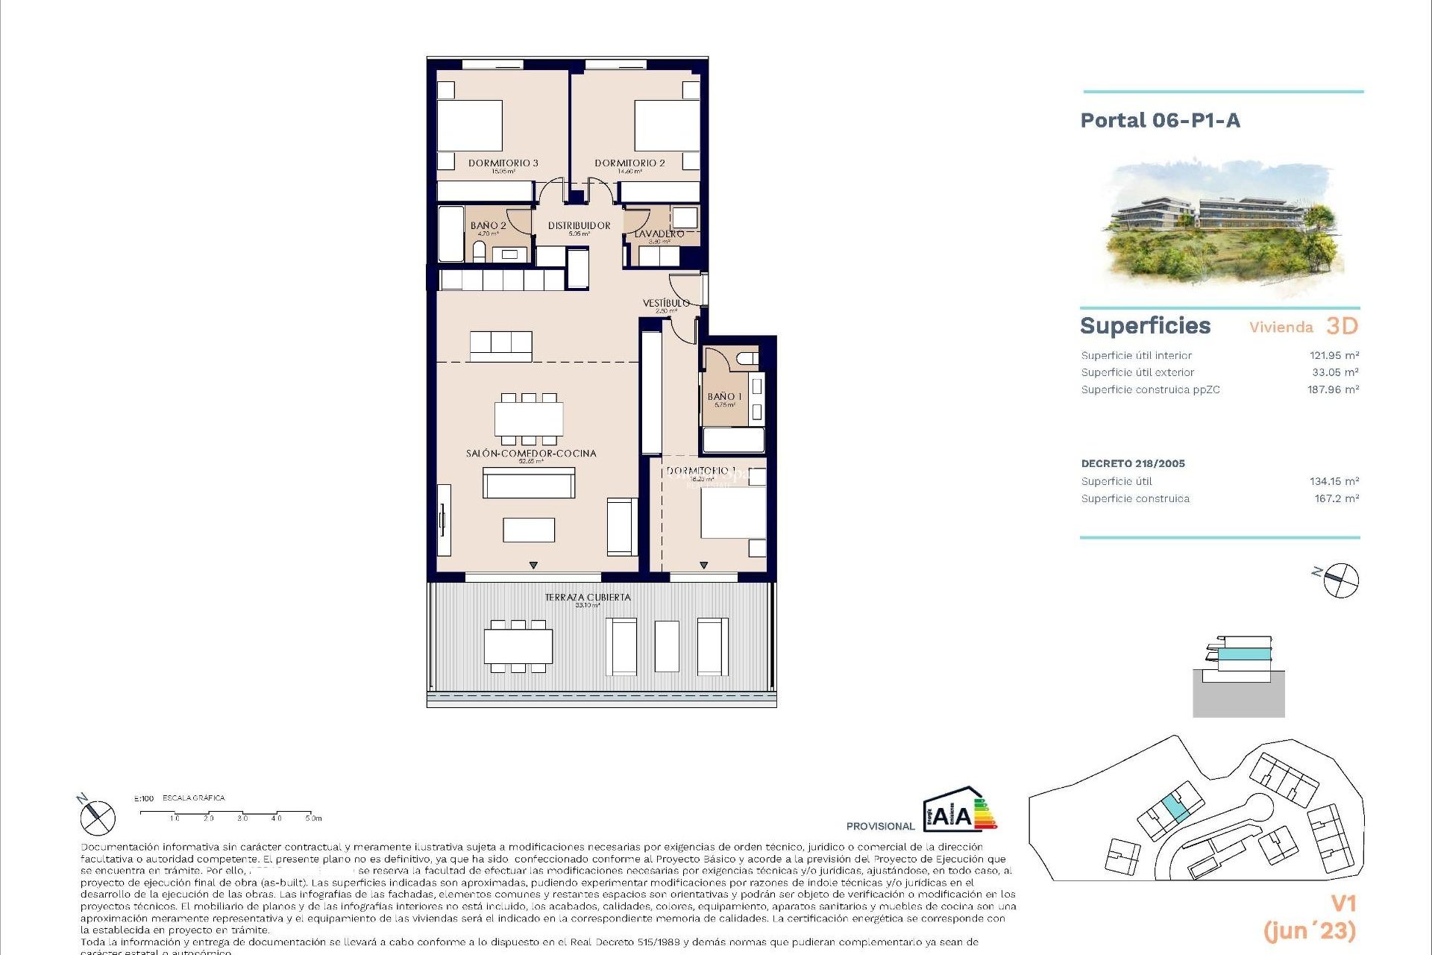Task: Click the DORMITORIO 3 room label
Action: pos(503,163)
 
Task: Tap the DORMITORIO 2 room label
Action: pos(629,163)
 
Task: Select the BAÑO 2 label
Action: pos(488,225)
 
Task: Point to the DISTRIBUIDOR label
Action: pos(579,225)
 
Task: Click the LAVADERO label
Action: pos(659,234)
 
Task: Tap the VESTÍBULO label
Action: pos(666,303)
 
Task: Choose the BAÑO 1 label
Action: pos(724,397)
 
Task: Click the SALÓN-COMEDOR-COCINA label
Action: pos(531,454)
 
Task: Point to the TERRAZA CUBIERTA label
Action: pos(588,598)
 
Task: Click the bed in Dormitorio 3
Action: pos(469,125)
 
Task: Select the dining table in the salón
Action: pos(529,419)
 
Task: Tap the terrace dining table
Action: pos(518,646)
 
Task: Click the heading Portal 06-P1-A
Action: pos(1160,121)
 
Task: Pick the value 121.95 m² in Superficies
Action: pos(1334,356)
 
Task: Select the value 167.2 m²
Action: pos(1336,498)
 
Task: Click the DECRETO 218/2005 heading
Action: pos(1133,463)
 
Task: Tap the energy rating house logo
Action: pos(959,810)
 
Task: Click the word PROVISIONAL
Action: pos(880,826)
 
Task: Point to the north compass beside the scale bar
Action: pos(98,817)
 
